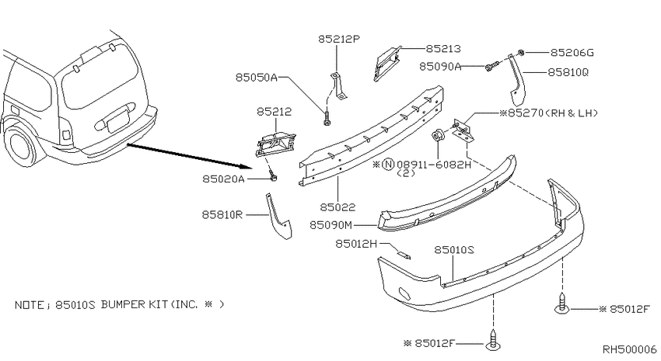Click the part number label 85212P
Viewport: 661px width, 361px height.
coord(339,39)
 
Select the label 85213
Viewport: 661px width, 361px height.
coord(443,49)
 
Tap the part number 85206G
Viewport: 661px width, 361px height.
coord(572,53)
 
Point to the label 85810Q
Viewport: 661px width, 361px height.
coord(568,72)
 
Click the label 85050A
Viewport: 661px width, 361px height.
coord(257,78)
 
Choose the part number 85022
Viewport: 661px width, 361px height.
coord(337,207)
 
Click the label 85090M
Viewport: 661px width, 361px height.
coord(331,225)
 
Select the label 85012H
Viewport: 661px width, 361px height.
coord(356,244)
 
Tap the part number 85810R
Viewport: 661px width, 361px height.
coord(222,214)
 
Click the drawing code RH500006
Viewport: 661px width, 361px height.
coord(629,349)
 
